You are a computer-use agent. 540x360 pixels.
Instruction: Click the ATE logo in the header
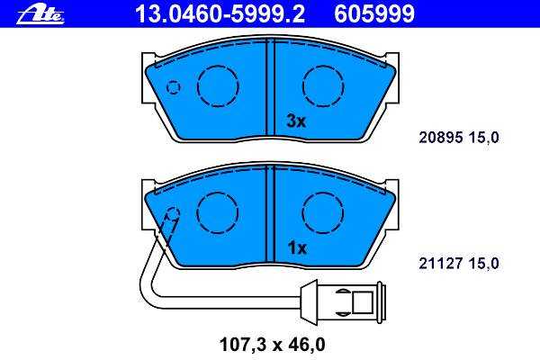(x=40, y=15)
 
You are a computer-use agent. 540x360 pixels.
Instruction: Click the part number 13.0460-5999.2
(x=220, y=13)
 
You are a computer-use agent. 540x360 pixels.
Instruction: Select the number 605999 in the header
(x=374, y=13)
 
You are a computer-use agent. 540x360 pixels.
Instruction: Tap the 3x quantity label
(x=296, y=121)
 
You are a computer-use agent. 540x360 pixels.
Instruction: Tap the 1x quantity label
(x=296, y=247)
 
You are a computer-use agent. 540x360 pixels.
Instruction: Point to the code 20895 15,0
(x=459, y=138)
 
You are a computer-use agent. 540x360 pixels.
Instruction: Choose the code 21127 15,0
(x=459, y=264)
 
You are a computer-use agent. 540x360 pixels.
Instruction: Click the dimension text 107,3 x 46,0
(x=272, y=345)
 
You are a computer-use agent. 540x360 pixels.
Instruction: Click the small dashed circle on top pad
(x=173, y=87)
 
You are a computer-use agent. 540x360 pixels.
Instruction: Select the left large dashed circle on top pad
(x=218, y=86)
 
